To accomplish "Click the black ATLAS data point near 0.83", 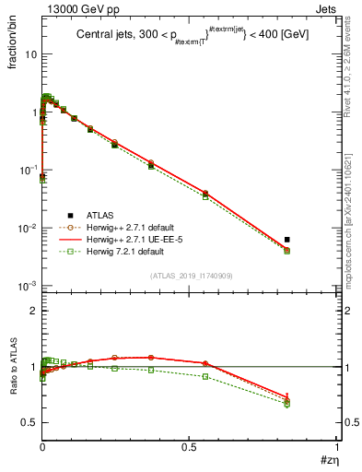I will tap(286, 240).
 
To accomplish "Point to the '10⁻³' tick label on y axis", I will tap(28, 286).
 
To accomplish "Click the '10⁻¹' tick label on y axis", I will tap(28, 171).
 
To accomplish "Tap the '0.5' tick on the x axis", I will tap(189, 445).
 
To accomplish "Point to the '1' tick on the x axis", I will tap(337, 445).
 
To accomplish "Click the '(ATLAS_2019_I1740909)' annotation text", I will tap(190, 276).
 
